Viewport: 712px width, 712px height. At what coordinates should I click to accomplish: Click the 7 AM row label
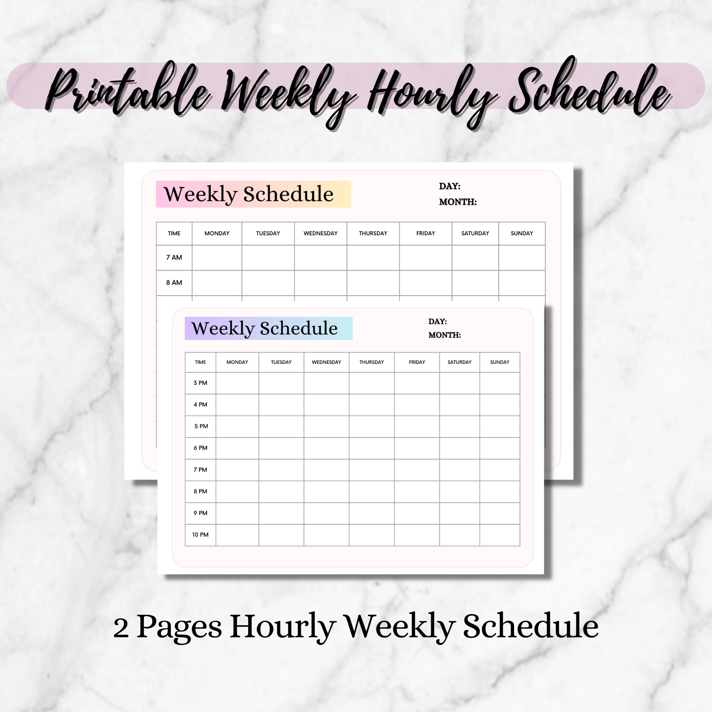coord(174,257)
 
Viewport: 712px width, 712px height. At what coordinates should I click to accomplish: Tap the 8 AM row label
coord(174,283)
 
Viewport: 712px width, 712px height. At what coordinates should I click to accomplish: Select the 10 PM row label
coord(200,534)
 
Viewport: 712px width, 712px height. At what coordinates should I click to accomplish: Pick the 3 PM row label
coord(200,383)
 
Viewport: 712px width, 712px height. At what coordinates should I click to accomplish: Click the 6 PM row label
coord(200,448)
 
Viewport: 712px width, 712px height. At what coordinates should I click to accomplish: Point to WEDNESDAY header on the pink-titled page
coord(320,233)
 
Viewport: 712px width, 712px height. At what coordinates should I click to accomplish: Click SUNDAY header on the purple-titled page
coord(499,362)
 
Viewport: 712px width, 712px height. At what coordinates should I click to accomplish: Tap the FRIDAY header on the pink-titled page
coord(425,233)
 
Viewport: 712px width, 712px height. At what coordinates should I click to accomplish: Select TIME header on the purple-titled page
coord(200,362)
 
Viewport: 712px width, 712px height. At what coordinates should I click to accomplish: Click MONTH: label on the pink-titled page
coord(457,202)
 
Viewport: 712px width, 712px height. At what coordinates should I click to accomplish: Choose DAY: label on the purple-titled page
coord(437,321)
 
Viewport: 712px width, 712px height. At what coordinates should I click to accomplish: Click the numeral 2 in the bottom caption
coord(121,628)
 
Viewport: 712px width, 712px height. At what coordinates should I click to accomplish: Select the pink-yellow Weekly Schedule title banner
coord(253,194)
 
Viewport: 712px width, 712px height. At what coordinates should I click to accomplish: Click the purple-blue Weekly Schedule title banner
coord(268,328)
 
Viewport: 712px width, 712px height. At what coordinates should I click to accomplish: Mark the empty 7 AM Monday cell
coord(217,257)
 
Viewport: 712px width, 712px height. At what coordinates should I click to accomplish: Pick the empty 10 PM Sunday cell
coord(499,535)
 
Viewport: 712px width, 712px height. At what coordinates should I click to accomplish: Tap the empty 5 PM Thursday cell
coord(371,426)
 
